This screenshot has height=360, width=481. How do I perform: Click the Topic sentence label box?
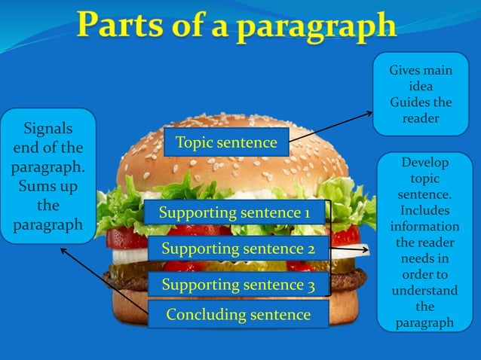click(226, 142)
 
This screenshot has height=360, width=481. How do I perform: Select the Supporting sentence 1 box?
click(234, 214)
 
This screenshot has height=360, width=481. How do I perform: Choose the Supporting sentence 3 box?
click(237, 285)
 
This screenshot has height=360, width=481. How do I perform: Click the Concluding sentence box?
click(237, 314)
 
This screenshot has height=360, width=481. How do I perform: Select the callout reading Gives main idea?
click(421, 95)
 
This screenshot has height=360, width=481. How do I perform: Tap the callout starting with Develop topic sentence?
click(424, 241)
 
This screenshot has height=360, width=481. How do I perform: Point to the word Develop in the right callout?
click(424, 163)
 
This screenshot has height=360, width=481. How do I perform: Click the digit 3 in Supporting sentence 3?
click(310, 285)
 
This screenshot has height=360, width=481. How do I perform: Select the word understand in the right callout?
click(424, 291)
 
